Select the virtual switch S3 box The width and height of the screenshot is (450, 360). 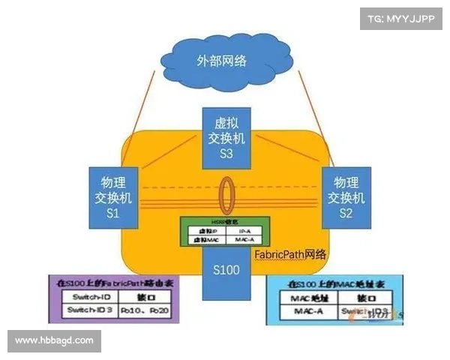226,136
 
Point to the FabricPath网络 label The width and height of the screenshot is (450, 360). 291,254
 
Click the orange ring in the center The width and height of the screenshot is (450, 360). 226,196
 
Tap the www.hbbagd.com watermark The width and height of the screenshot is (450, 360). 54,341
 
